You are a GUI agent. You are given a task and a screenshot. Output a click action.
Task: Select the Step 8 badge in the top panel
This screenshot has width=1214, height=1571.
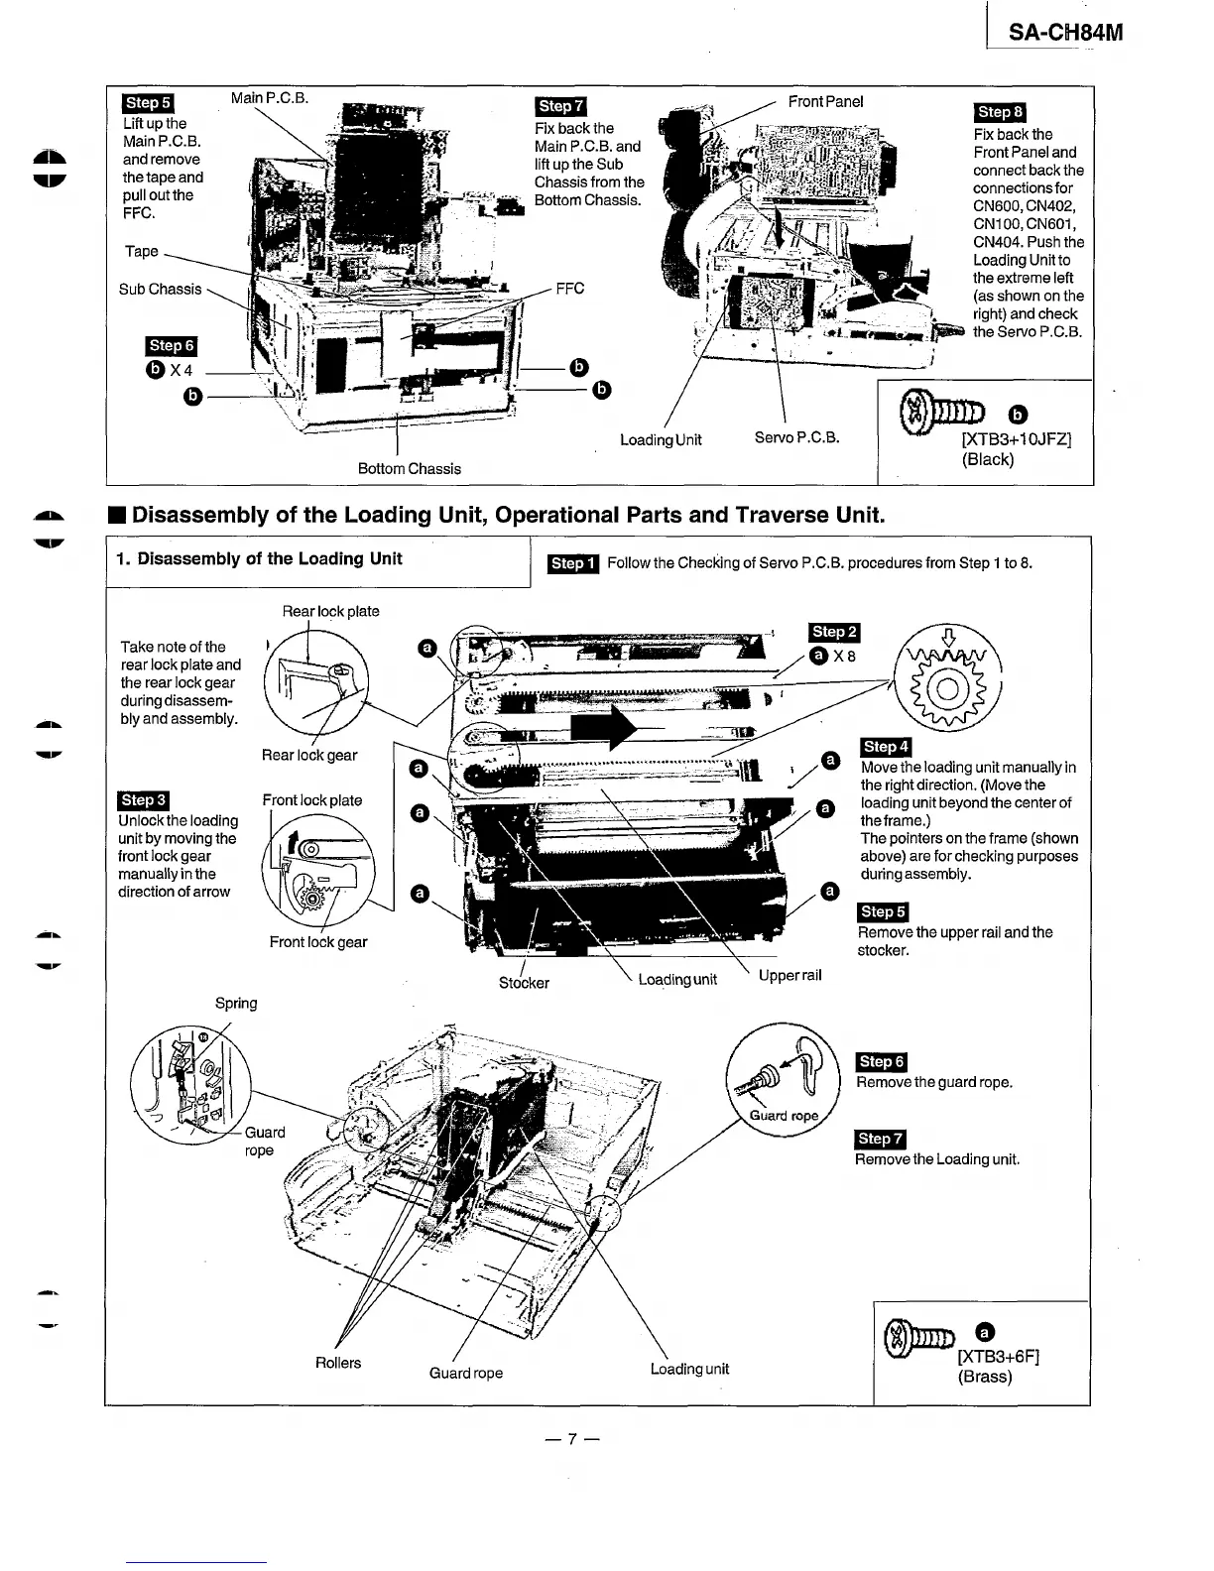click(1000, 113)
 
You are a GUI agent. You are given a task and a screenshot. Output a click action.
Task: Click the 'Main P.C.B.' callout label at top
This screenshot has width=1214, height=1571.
click(270, 98)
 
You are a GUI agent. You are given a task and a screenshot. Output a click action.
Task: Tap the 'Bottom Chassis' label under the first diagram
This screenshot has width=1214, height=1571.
click(409, 468)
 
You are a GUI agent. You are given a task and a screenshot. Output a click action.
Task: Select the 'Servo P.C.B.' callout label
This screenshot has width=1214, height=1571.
click(796, 436)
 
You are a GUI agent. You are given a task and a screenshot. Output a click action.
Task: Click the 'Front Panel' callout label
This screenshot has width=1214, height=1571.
click(825, 101)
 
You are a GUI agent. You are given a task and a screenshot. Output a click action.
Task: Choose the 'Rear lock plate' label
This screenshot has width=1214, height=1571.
click(330, 611)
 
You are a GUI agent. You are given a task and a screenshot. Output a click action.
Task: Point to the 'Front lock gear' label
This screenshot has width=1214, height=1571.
click(317, 942)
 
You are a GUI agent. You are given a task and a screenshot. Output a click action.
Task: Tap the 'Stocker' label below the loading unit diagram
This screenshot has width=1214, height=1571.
click(524, 983)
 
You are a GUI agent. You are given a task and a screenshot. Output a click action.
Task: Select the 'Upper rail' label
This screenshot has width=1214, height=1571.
click(789, 975)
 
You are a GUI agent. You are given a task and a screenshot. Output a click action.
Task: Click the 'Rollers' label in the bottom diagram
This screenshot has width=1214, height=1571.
click(338, 1363)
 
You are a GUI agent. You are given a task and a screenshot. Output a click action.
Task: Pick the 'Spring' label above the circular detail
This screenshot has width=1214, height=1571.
click(236, 1003)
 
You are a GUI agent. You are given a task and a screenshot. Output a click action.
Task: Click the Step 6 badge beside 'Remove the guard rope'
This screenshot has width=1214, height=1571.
click(881, 1062)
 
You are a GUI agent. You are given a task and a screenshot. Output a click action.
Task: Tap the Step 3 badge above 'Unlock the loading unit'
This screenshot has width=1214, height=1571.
click(144, 800)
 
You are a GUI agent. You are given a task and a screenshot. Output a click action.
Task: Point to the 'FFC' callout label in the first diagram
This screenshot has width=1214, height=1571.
click(569, 289)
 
